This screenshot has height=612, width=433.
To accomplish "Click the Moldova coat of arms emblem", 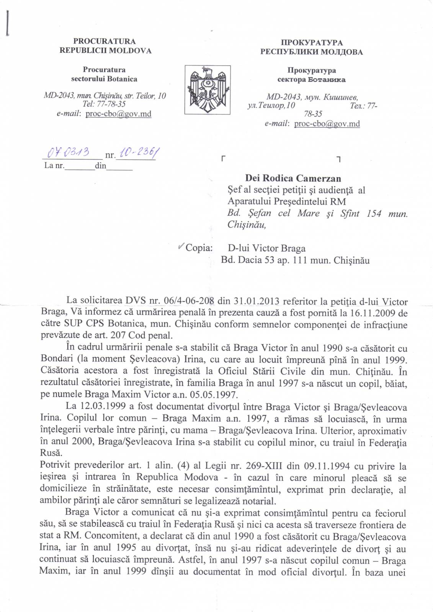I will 207,90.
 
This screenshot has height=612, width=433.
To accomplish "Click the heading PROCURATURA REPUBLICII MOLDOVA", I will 105,46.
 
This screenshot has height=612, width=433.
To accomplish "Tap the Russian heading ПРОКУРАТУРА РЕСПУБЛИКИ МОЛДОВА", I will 311,47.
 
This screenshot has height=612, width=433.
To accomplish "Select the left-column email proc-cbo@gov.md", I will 118,114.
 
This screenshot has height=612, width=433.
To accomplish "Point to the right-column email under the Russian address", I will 327,124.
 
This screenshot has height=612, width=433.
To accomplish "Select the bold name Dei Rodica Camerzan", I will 293,178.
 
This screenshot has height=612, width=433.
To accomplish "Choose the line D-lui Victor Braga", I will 267,249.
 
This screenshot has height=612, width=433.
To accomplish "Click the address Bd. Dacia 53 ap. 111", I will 276,260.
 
